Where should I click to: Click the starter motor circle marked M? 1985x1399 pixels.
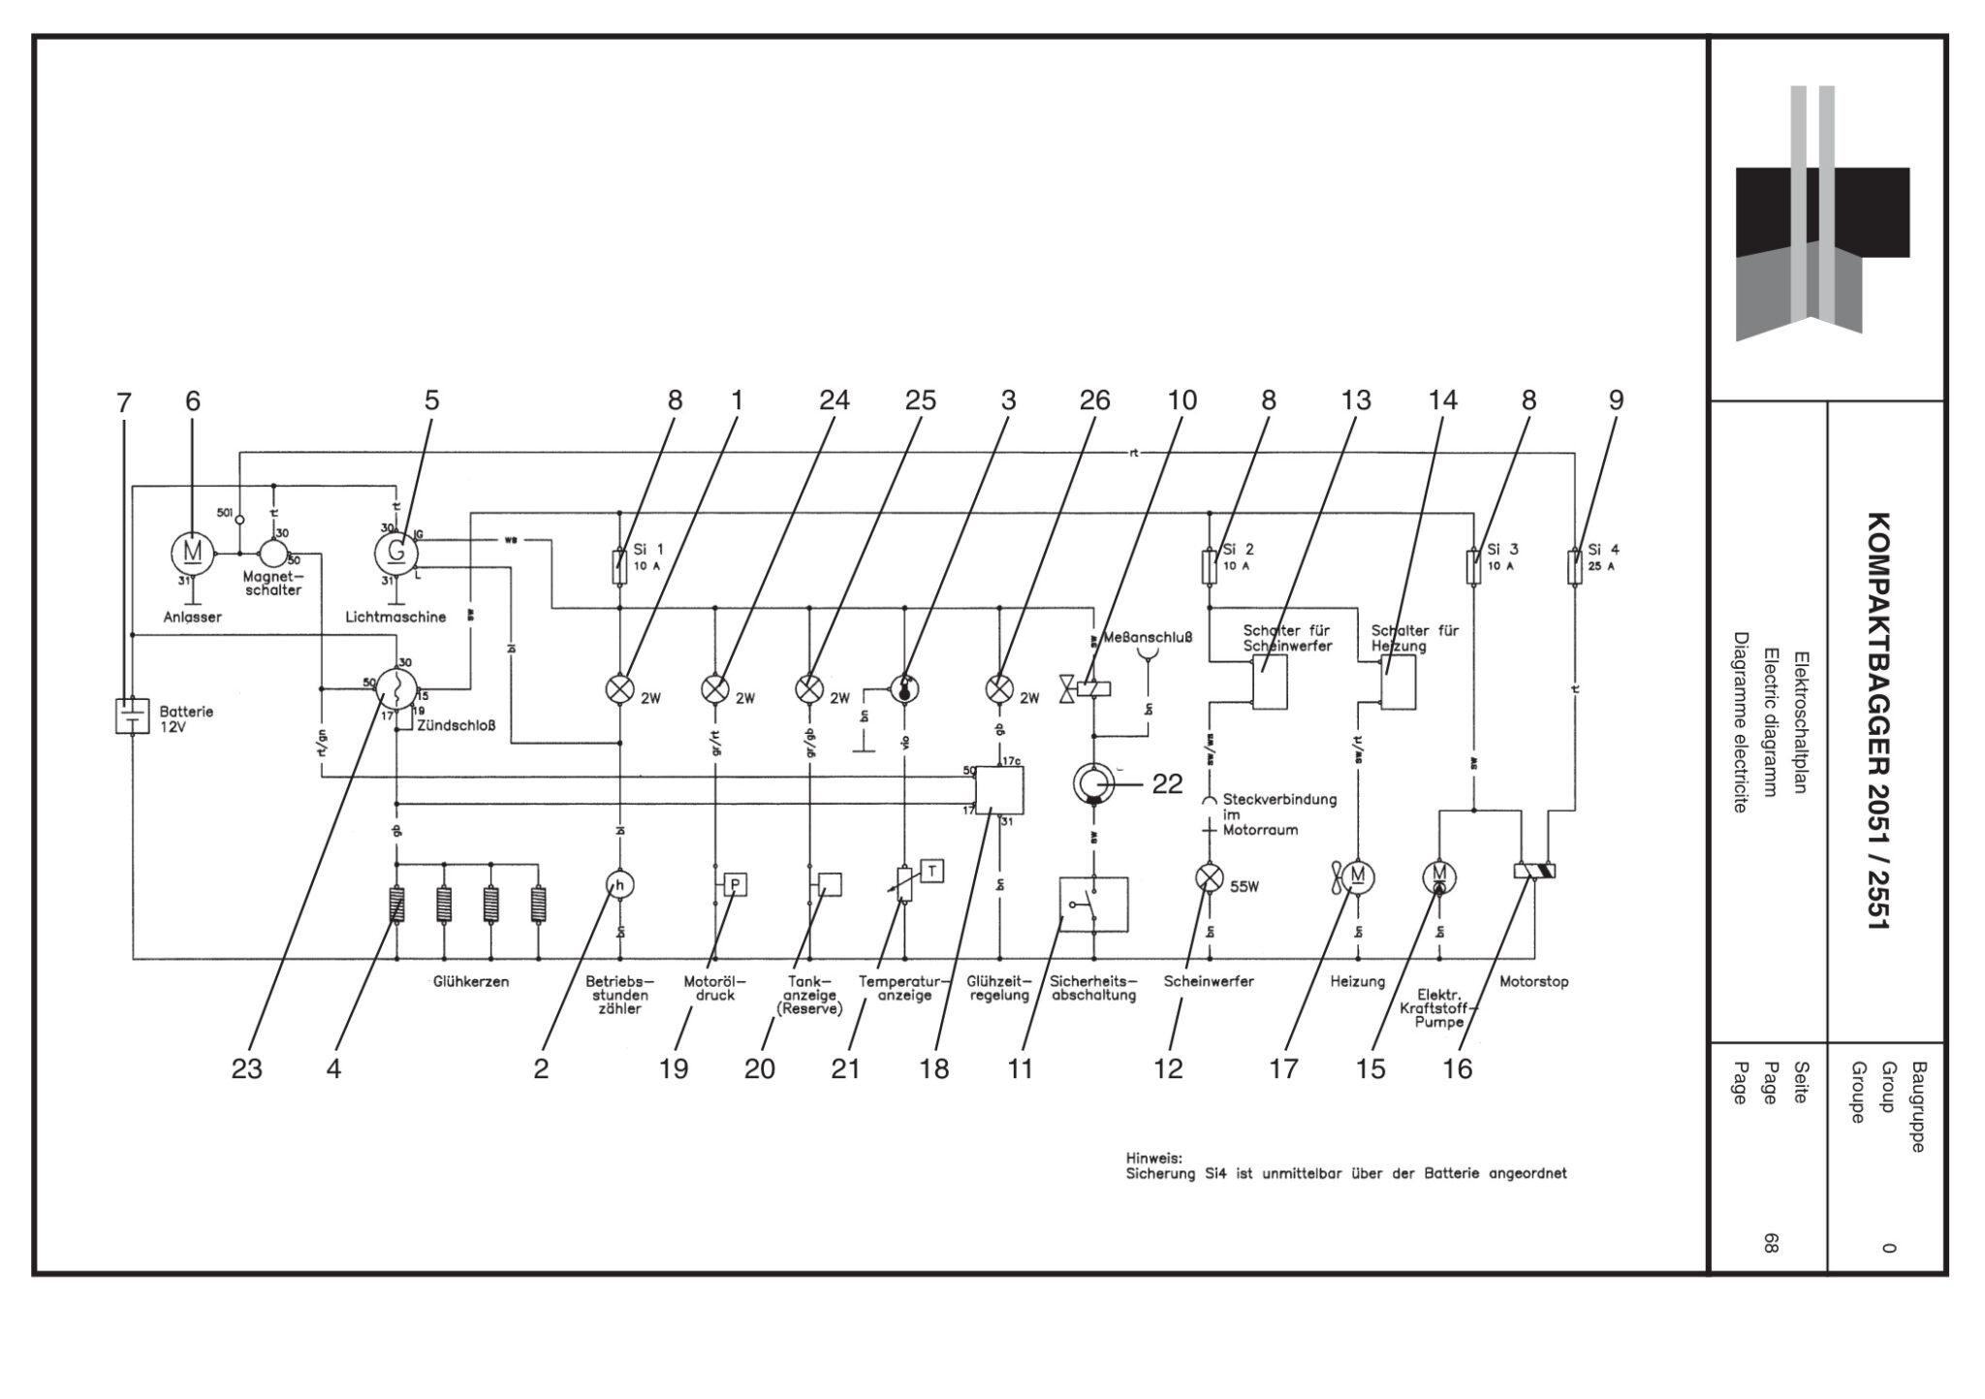coord(193,553)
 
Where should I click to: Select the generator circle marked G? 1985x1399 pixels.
coord(395,553)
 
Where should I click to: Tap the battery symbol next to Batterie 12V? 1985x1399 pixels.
coord(132,715)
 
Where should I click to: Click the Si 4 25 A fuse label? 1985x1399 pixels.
coord(1603,556)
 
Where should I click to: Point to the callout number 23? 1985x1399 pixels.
coord(247,1069)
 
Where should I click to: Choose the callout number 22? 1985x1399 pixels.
coord(1167,784)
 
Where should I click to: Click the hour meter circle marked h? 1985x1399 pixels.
coord(620,884)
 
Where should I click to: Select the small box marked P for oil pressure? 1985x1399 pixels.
coord(736,884)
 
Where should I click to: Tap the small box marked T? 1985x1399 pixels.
coord(931,871)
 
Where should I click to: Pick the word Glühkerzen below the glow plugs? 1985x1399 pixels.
coord(471,982)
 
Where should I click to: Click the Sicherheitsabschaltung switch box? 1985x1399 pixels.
coord(1093,905)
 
